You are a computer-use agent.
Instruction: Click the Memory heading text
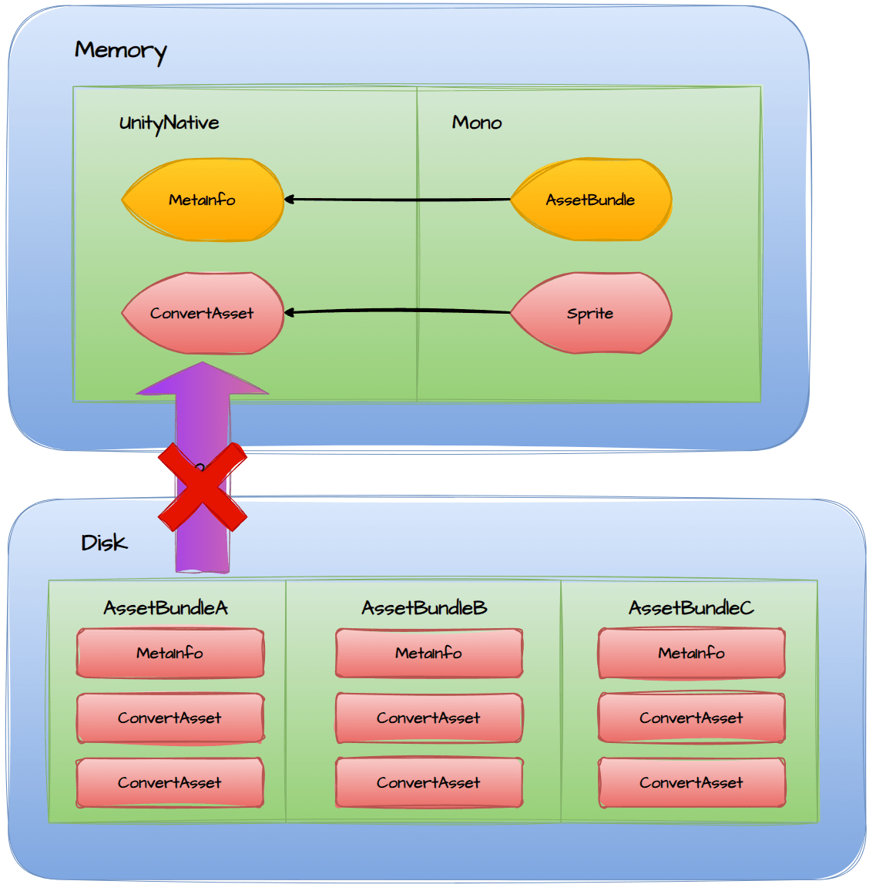point(120,51)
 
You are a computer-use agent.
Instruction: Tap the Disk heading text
point(104,543)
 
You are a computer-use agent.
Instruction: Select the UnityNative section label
point(169,123)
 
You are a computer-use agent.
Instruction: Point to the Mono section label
point(477,123)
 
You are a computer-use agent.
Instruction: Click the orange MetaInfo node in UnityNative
point(203,200)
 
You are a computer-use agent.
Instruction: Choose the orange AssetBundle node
point(591,200)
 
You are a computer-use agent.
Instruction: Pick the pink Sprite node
point(591,314)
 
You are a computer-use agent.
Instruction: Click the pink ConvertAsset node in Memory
point(203,314)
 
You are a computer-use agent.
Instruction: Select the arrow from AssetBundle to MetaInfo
point(397,200)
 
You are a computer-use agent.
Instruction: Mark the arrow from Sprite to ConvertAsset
point(397,311)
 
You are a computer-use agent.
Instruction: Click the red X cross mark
point(202,487)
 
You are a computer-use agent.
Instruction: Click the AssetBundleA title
point(166,608)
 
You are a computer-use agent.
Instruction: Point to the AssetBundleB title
point(425,608)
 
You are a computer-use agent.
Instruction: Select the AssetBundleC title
point(691,608)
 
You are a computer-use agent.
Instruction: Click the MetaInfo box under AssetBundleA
point(170,654)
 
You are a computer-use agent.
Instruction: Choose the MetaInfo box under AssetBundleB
point(429,654)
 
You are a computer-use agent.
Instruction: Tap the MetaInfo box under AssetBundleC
point(692,654)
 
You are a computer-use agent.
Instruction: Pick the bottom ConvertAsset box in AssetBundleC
point(692,783)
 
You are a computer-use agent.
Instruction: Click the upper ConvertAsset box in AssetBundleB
point(429,718)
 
